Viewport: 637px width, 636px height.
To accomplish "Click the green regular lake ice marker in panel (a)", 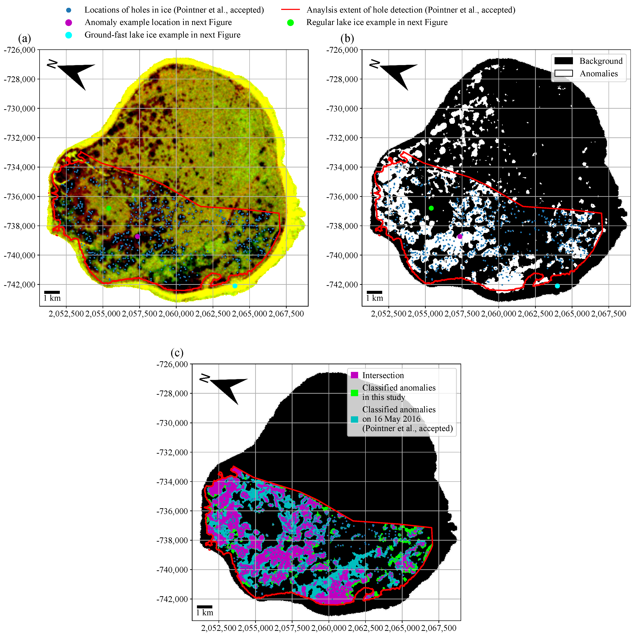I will pyautogui.click(x=109, y=208).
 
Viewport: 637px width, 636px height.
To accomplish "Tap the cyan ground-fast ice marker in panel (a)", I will pyautogui.click(x=235, y=286).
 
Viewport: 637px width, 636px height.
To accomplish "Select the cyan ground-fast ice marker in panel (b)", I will pyautogui.click(x=557, y=286).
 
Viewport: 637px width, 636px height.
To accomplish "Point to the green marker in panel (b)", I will pyautogui.click(x=431, y=208).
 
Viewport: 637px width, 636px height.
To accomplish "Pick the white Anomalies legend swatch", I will pyautogui.click(x=563, y=73).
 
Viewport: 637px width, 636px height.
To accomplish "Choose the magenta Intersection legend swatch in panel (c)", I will pyautogui.click(x=354, y=375).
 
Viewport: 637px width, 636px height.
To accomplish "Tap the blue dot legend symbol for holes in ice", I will pyautogui.click(x=69, y=10).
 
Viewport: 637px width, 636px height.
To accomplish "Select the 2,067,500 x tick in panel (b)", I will pyautogui.click(x=608, y=314).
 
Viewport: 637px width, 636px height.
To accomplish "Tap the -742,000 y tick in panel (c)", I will pyautogui.click(x=172, y=599).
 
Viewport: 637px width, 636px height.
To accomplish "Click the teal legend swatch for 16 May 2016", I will pyautogui.click(x=354, y=419).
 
